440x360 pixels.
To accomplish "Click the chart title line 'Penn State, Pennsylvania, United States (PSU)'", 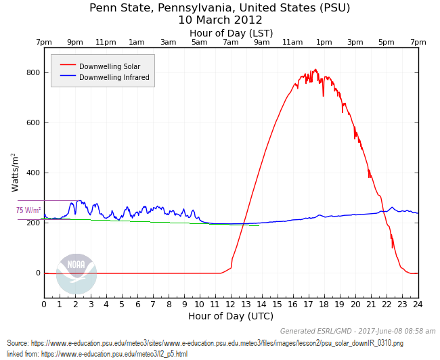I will pyautogui.click(x=220, y=8).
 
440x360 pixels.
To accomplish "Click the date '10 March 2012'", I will pyautogui.click(x=220, y=20).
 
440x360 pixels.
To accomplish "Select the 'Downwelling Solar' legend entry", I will pyautogui.click(x=109, y=66).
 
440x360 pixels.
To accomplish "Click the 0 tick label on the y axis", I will pyautogui.click(x=38, y=273).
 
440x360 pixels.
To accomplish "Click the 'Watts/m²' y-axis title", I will pyautogui.click(x=15, y=172).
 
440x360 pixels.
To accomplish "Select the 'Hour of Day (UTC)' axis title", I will pyautogui.click(x=231, y=316).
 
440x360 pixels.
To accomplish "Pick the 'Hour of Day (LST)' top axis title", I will pyautogui.click(x=231, y=33).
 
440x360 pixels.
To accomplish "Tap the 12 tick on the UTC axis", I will pyautogui.click(x=231, y=305).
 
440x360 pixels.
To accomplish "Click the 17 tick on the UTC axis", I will pyautogui.click(x=309, y=305).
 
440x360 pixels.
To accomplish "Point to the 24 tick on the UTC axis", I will pyautogui.click(x=418, y=305).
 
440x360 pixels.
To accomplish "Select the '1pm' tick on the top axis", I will pyautogui.click(x=324, y=42).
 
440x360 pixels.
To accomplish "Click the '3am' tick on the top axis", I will pyautogui.click(x=168, y=42).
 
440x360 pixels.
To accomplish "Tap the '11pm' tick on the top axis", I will pyautogui.click(x=106, y=42).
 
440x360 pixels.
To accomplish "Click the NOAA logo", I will pyautogui.click(x=76, y=273).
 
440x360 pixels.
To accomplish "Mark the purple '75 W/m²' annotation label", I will pyautogui.click(x=28, y=210).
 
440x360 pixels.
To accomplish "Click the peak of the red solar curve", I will pyautogui.click(x=315, y=69).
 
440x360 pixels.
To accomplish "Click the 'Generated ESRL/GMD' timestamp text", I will pyautogui.click(x=358, y=331).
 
